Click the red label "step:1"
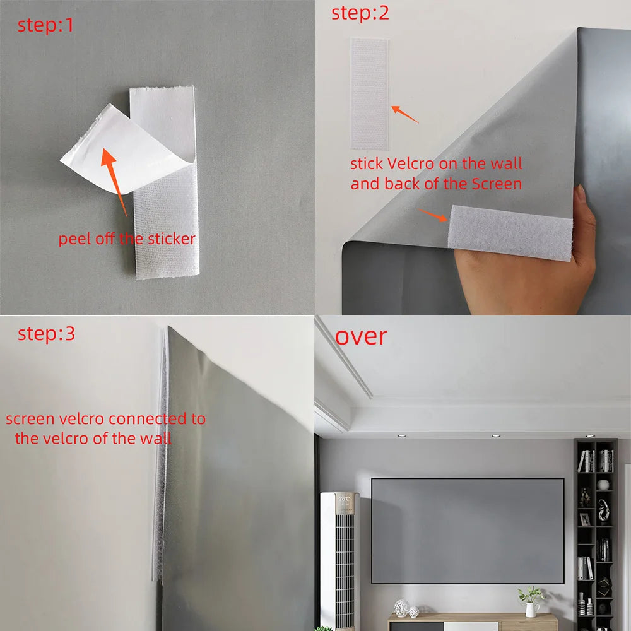45,26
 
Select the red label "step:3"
46,334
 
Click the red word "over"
361,336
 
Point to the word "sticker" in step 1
172,239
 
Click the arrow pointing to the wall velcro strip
404,114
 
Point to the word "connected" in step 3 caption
138,419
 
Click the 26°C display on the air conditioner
345,500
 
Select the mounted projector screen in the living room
467,531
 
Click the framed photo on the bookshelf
585,519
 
